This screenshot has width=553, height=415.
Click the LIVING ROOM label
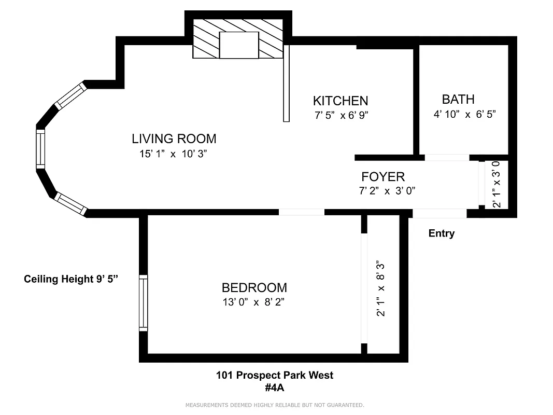coord(174,139)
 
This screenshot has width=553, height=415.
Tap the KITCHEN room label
coord(340,101)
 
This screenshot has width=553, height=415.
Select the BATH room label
coord(458,99)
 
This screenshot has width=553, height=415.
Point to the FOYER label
coord(382,177)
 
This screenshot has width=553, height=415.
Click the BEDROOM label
coord(254,288)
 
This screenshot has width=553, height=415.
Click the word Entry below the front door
coord(441,233)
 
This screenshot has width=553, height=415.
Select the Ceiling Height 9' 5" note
coord(71,279)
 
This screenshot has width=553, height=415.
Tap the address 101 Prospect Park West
coord(274,375)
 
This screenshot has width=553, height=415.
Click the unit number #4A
coord(274,387)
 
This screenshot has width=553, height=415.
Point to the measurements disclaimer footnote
coord(274,405)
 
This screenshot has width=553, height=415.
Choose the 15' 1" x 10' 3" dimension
coord(174,154)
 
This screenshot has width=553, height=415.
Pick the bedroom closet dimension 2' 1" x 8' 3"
coord(381,288)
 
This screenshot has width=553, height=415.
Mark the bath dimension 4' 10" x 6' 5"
coord(464,114)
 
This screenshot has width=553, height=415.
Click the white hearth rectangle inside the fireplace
coord(239,45)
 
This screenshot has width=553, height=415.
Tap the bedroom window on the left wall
coord(144,303)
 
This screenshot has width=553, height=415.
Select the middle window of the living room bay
coord(40,148)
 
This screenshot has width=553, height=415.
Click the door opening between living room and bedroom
coord(302,212)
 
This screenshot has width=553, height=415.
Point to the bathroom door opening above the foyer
coord(447,158)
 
